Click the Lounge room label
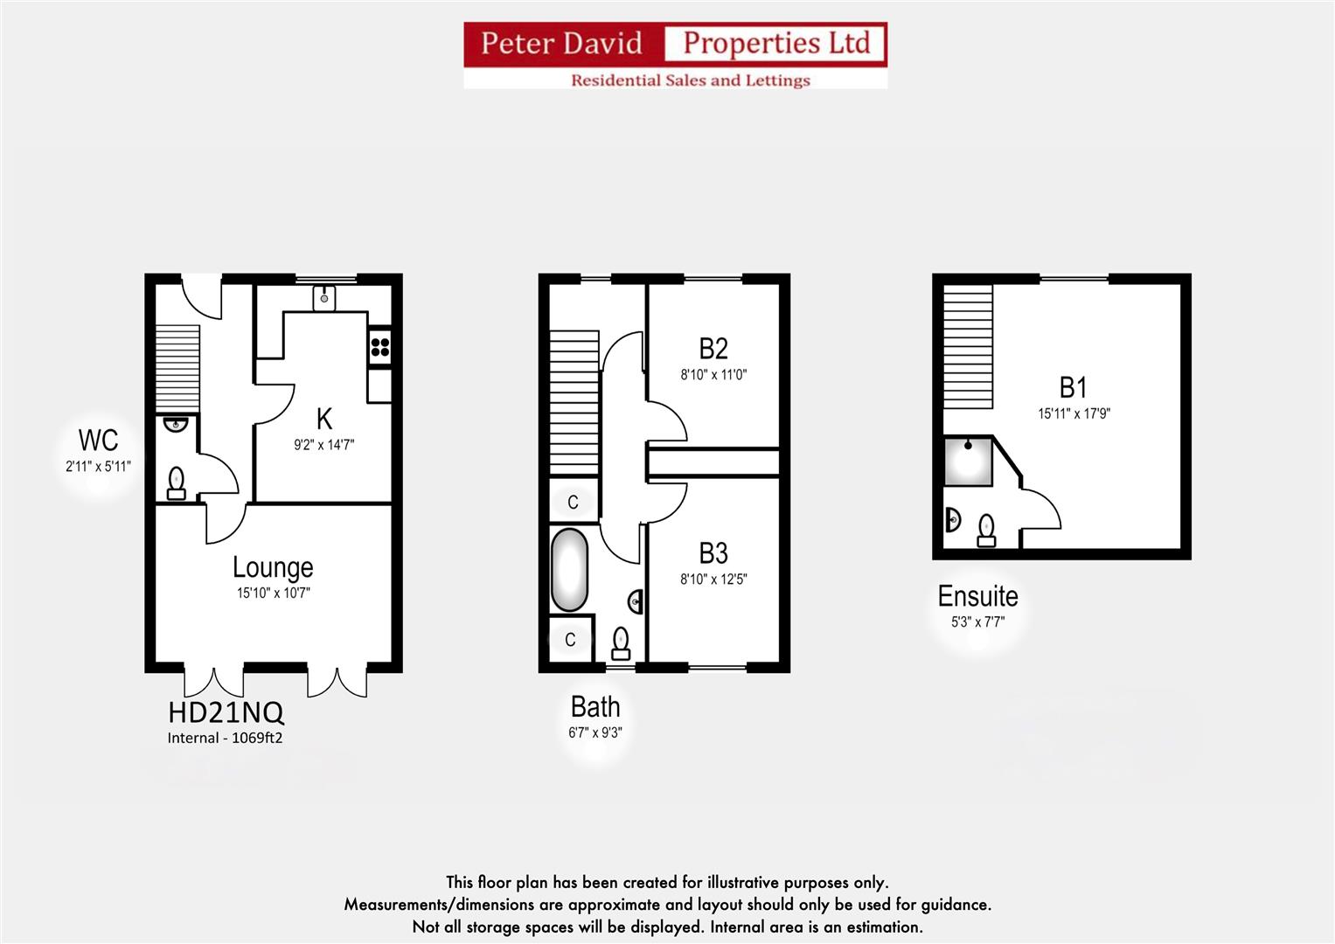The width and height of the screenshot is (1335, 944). pyautogui.click(x=273, y=568)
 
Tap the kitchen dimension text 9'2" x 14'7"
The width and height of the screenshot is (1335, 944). pyautogui.click(x=323, y=445)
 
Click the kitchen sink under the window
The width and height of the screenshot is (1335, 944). pyautogui.click(x=324, y=297)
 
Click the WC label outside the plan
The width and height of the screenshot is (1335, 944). pyautogui.click(x=98, y=440)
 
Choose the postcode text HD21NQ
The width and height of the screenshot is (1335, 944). pyautogui.click(x=226, y=712)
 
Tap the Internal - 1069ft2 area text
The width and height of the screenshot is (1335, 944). pyautogui.click(x=225, y=738)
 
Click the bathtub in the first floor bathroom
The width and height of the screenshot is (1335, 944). pyautogui.click(x=569, y=569)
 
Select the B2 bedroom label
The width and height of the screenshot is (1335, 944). pyautogui.click(x=713, y=349)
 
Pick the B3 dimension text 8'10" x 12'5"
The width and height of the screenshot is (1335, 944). pyautogui.click(x=713, y=579)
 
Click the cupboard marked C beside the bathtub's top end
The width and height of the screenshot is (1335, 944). pyautogui.click(x=574, y=502)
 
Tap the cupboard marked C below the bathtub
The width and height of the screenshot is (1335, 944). pyautogui.click(x=570, y=640)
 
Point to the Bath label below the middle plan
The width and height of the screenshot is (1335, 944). pyautogui.click(x=595, y=707)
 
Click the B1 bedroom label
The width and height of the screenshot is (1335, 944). pyautogui.click(x=1073, y=387)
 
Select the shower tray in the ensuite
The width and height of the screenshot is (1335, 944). pyautogui.click(x=969, y=462)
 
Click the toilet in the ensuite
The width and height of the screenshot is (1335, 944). pyautogui.click(x=987, y=530)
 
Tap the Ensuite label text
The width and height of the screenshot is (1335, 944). pyautogui.click(x=977, y=596)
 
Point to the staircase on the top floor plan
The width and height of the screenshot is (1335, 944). pyautogui.click(x=969, y=346)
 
